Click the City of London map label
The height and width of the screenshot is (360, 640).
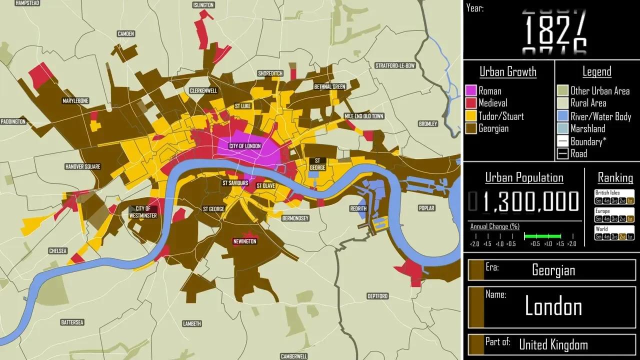(x=245, y=146)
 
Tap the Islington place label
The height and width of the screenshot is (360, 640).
(x=203, y=5)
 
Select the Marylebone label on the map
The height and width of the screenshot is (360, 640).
(x=75, y=101)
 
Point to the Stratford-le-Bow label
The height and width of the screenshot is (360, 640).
(x=395, y=65)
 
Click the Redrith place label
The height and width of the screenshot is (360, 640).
(x=358, y=208)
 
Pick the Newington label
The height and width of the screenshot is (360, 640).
(x=244, y=241)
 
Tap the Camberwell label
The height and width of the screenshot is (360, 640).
(x=294, y=356)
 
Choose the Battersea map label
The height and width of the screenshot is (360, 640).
(x=72, y=322)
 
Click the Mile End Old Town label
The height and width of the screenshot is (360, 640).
(x=364, y=116)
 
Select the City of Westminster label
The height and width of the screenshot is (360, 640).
(x=143, y=212)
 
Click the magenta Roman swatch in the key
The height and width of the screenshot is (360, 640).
(x=471, y=90)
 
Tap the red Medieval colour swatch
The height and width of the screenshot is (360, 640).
(x=471, y=103)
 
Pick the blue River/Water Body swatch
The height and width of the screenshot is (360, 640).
(x=563, y=116)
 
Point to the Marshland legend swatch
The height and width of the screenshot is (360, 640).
(x=563, y=129)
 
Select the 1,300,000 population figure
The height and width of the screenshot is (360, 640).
(x=531, y=201)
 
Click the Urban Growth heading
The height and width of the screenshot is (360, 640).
(x=508, y=72)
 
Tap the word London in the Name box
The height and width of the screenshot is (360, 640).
(x=553, y=306)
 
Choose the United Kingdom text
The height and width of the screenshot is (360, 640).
(x=553, y=344)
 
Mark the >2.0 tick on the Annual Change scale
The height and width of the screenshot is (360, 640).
(x=572, y=243)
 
